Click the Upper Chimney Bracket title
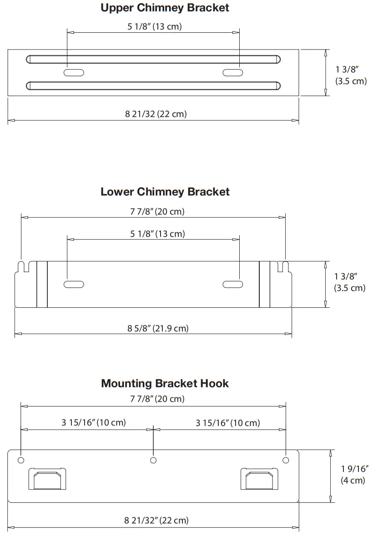[x=165, y=8]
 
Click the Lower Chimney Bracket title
[x=165, y=192]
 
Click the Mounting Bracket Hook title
[x=165, y=383]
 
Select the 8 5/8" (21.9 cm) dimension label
[x=158, y=328]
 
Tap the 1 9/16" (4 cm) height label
[x=353, y=474]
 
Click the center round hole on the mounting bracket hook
[x=154, y=461]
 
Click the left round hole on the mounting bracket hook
[x=21, y=461]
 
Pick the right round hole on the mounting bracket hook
[x=286, y=461]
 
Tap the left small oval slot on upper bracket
[x=74, y=72]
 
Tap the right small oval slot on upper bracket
[x=232, y=72]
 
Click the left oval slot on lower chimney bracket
[x=74, y=285]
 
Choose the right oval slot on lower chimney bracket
[x=232, y=285]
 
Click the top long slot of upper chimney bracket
[x=153, y=59]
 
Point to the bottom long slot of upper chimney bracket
[x=153, y=85]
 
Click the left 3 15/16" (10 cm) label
[x=94, y=422]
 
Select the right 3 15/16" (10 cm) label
[x=228, y=423]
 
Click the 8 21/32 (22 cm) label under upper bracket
[x=156, y=114]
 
